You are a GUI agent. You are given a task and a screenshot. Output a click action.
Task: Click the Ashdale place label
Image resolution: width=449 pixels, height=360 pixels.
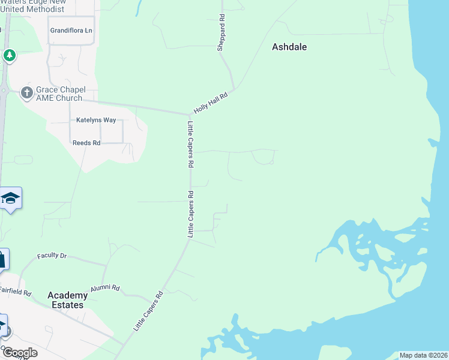pyautogui.click(x=289, y=46)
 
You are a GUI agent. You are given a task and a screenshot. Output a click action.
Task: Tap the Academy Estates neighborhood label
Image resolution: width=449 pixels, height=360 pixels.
pyautogui.click(x=65, y=300)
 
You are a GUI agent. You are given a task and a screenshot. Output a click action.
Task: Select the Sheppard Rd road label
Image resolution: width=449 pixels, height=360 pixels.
pyautogui.click(x=221, y=33)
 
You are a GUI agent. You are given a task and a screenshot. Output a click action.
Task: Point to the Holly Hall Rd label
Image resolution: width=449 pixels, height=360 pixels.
pyautogui.click(x=211, y=103)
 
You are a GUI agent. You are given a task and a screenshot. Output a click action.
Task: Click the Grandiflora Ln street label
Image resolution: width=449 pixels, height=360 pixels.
pyautogui.click(x=71, y=30)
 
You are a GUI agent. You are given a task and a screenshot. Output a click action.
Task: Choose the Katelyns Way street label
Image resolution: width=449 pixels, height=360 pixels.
pyautogui.click(x=96, y=120)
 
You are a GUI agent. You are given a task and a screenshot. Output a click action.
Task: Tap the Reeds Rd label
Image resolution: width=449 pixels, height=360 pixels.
pyautogui.click(x=86, y=143)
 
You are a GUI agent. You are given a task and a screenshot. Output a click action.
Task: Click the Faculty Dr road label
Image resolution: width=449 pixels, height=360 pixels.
pyautogui.click(x=52, y=256)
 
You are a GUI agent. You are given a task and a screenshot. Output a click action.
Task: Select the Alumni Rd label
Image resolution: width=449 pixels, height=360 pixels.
pyautogui.click(x=105, y=289)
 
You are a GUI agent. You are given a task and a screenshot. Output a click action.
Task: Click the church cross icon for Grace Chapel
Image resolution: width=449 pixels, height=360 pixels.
pyautogui.click(x=26, y=92)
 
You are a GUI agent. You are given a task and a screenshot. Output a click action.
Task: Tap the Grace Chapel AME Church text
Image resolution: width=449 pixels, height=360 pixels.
pyautogui.click(x=61, y=94)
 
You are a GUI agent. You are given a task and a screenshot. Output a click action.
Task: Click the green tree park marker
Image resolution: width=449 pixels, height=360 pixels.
pyautogui.click(x=9, y=56)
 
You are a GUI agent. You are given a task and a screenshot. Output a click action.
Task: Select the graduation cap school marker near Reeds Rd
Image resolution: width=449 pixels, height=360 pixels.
pyautogui.click(x=10, y=198)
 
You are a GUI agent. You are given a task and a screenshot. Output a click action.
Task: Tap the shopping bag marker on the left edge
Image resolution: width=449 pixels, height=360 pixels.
pyautogui.click(x=2, y=259)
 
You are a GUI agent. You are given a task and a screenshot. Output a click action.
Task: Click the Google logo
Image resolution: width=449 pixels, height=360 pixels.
pyautogui.click(x=20, y=353)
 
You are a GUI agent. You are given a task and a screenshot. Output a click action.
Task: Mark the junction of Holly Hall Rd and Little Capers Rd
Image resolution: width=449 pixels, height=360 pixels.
pyautogui.click(x=189, y=114)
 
